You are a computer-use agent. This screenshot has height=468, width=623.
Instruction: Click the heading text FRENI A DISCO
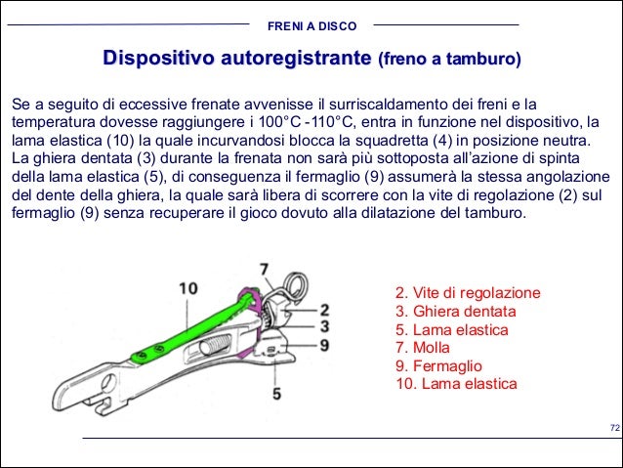pyautogui.click(x=311, y=24)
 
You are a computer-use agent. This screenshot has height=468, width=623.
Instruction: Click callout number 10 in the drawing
pyautogui.click(x=188, y=288)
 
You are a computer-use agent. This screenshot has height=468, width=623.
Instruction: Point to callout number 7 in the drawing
pyautogui.click(x=264, y=268)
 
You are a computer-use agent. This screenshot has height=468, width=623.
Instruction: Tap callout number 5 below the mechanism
pyautogui.click(x=276, y=393)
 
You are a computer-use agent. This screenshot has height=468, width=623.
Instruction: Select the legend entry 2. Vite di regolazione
pyautogui.click(x=467, y=294)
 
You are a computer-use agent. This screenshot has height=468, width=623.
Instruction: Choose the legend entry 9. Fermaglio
pyautogui.click(x=439, y=365)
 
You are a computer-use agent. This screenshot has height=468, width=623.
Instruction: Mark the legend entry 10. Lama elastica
pyautogui.click(x=456, y=384)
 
